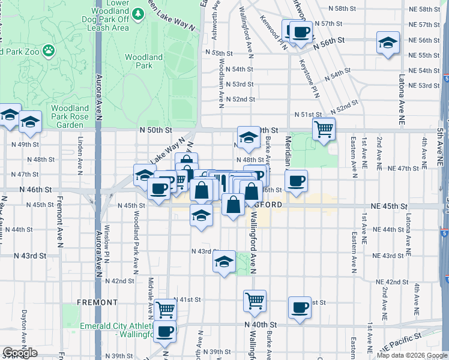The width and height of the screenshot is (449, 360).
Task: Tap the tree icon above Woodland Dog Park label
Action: [139, 13]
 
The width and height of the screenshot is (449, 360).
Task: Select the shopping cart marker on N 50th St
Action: [324, 128]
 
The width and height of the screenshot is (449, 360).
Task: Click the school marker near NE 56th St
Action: [388, 43]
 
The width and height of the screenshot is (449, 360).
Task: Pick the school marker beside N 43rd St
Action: [224, 262]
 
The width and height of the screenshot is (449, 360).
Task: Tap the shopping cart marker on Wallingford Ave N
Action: [255, 300]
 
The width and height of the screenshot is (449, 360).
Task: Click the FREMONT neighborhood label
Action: [97, 302]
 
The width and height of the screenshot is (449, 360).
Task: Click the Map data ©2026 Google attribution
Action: [412, 355]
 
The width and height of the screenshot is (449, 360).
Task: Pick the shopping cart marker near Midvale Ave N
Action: [166, 310]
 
